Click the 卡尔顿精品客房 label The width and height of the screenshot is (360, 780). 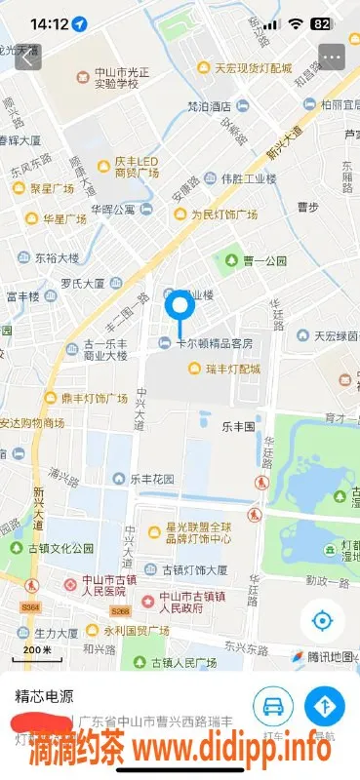(213, 343)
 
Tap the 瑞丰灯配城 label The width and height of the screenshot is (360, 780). (232, 369)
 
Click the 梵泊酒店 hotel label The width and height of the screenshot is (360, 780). (209, 106)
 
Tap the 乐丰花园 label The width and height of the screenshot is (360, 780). (152, 479)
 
